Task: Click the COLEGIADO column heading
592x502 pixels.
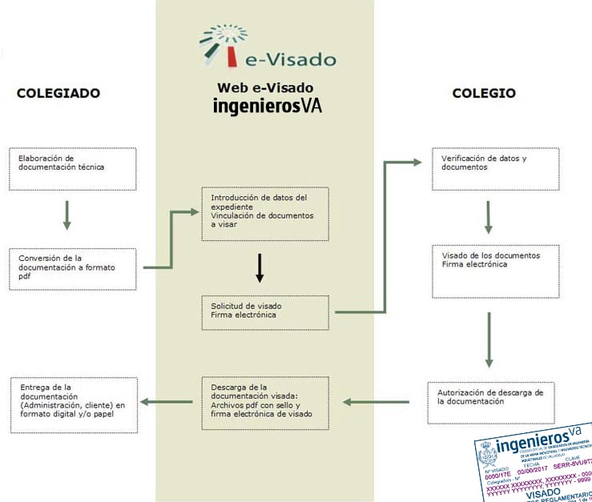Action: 58,93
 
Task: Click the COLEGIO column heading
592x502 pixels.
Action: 484,93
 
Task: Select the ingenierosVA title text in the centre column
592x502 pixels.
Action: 267,106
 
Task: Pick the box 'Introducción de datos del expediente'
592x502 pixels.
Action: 265,213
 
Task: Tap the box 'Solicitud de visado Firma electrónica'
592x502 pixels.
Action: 265,312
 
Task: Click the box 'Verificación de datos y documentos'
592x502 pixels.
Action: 493,168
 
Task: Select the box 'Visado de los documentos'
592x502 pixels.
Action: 493,270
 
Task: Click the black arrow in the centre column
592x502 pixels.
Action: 260,268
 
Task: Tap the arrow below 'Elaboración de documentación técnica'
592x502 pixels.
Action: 67,214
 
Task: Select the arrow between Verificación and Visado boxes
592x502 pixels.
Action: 488,215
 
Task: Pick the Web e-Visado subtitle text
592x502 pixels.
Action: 265,87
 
